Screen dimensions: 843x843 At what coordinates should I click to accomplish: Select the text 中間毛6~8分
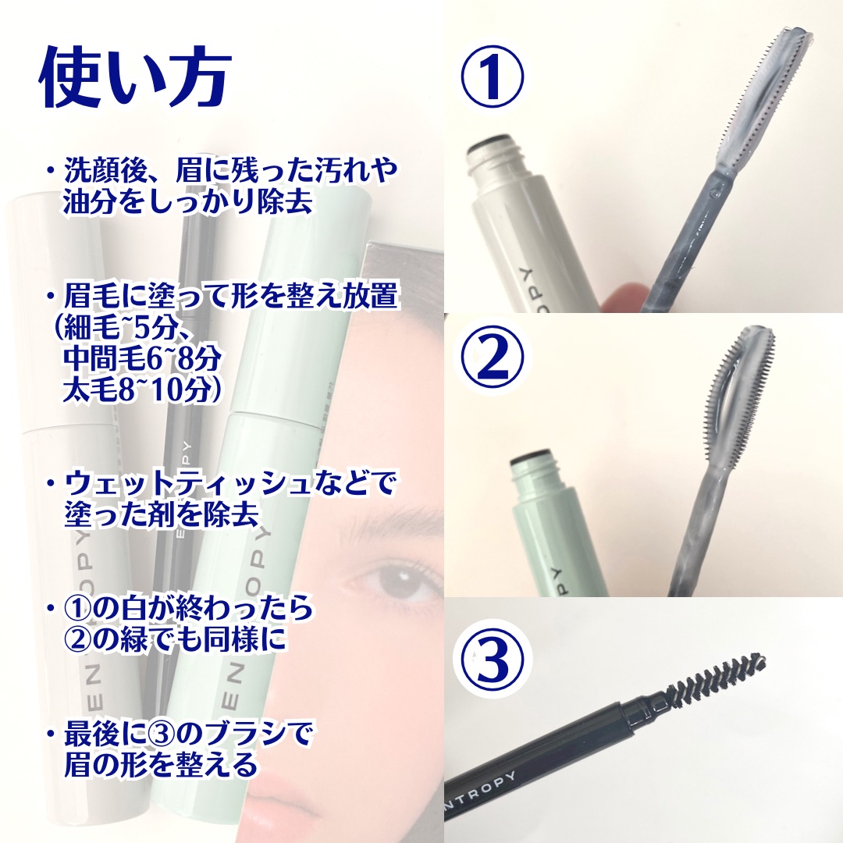tap(142, 358)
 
